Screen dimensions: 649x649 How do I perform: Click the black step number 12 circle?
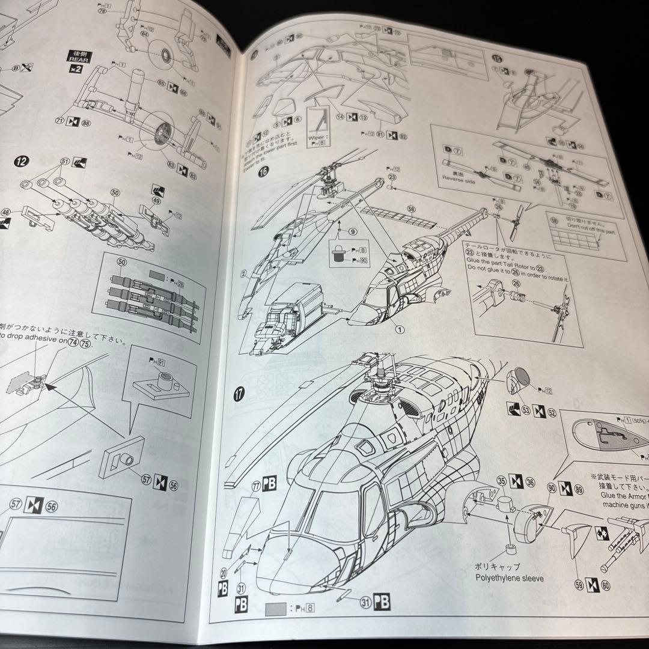[22, 162]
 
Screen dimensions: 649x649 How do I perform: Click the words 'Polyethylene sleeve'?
[509, 578]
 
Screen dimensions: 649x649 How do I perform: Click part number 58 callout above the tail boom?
[411, 210]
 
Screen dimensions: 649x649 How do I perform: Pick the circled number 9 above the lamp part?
[352, 231]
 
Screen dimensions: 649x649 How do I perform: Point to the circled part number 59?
[579, 582]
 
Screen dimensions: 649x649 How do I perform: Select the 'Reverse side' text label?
[459, 177]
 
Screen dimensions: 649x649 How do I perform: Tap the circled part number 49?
[157, 201]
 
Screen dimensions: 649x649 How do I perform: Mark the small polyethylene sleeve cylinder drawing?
[511, 550]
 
